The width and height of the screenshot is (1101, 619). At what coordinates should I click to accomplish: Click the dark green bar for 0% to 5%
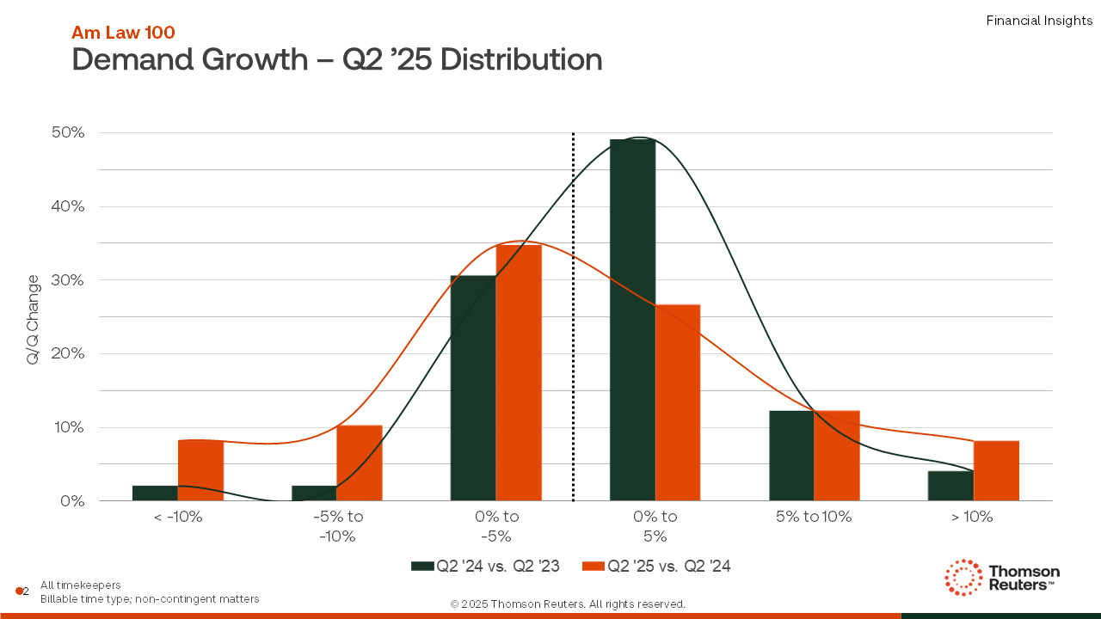(632, 319)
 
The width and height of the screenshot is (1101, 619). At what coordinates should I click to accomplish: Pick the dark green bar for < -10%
(155, 493)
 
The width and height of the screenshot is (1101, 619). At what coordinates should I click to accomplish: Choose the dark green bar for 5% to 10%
(791, 456)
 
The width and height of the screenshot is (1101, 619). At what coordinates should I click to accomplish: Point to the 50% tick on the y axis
(67, 132)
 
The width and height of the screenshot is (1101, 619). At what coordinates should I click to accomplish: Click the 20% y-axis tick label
(67, 353)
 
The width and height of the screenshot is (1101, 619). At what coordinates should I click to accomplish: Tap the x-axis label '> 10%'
(973, 517)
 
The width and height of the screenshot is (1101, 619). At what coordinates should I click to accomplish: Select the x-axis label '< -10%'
(177, 517)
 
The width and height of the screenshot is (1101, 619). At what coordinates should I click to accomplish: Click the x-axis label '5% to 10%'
(814, 517)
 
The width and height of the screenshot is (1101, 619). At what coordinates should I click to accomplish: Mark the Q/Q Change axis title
(33, 319)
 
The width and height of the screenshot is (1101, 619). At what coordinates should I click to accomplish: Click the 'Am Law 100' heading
(123, 33)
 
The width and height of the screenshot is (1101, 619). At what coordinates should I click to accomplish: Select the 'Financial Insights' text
(1039, 21)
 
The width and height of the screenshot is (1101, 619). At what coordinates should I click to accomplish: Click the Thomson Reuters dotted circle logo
(963, 577)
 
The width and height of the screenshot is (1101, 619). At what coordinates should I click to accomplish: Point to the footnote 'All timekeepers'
(81, 585)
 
